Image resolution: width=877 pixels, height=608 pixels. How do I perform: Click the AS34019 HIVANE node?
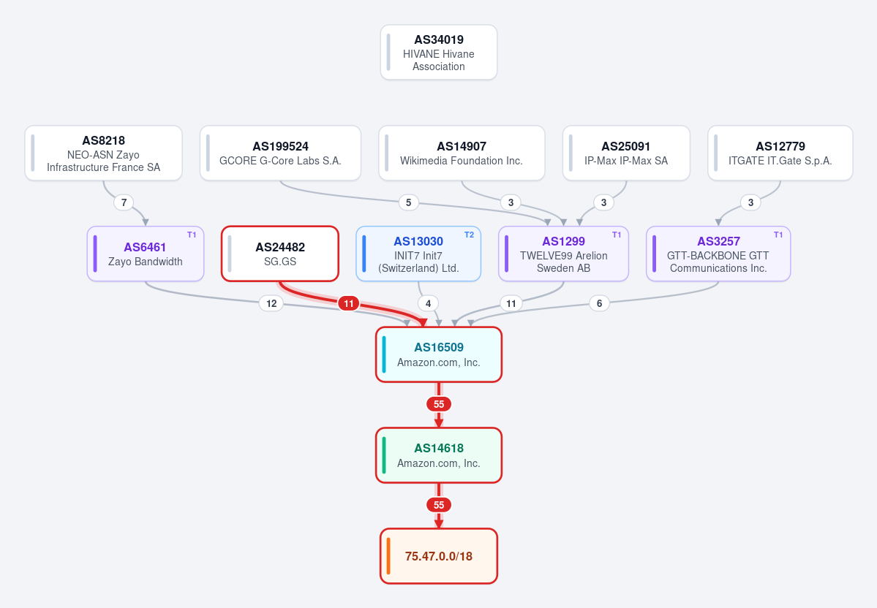439,53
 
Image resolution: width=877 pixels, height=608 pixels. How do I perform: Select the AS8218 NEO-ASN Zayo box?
103,153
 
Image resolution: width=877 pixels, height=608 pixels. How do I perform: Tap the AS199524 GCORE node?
280,153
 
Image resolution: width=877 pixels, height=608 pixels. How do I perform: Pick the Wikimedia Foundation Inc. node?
462,153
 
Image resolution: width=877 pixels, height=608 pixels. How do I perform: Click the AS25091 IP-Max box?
626,153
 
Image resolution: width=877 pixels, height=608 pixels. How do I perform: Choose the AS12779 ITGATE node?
780,153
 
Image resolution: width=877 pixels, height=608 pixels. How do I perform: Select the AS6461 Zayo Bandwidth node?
146,254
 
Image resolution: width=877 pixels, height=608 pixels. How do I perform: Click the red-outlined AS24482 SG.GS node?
280,254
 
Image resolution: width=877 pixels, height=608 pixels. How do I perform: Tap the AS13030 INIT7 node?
418,254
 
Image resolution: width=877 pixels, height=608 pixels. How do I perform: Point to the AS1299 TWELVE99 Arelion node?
563,254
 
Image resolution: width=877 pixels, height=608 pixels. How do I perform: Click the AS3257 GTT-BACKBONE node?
718,254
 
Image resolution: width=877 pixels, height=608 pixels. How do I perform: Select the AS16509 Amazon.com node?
439,355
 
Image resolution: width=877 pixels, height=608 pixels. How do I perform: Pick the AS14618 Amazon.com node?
439,455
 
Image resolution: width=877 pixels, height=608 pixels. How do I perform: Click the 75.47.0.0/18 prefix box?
439,556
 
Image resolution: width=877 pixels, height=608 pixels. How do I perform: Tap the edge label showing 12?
271,303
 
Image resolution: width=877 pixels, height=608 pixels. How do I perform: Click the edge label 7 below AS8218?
124,202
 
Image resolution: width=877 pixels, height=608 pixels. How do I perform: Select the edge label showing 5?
408,202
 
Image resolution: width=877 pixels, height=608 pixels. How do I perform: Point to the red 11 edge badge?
348,303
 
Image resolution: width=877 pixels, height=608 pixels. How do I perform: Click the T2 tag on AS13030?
470,235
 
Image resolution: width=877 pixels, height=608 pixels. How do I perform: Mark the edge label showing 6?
599,303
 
